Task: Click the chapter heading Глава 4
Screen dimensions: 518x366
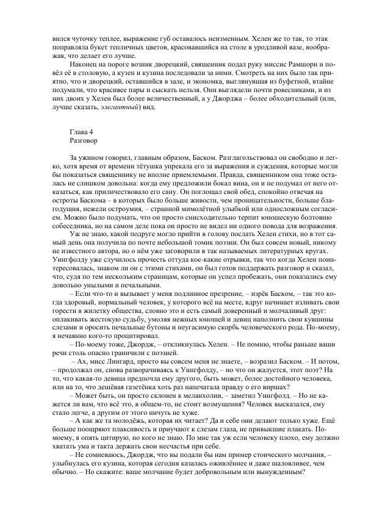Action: pos(82,148)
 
